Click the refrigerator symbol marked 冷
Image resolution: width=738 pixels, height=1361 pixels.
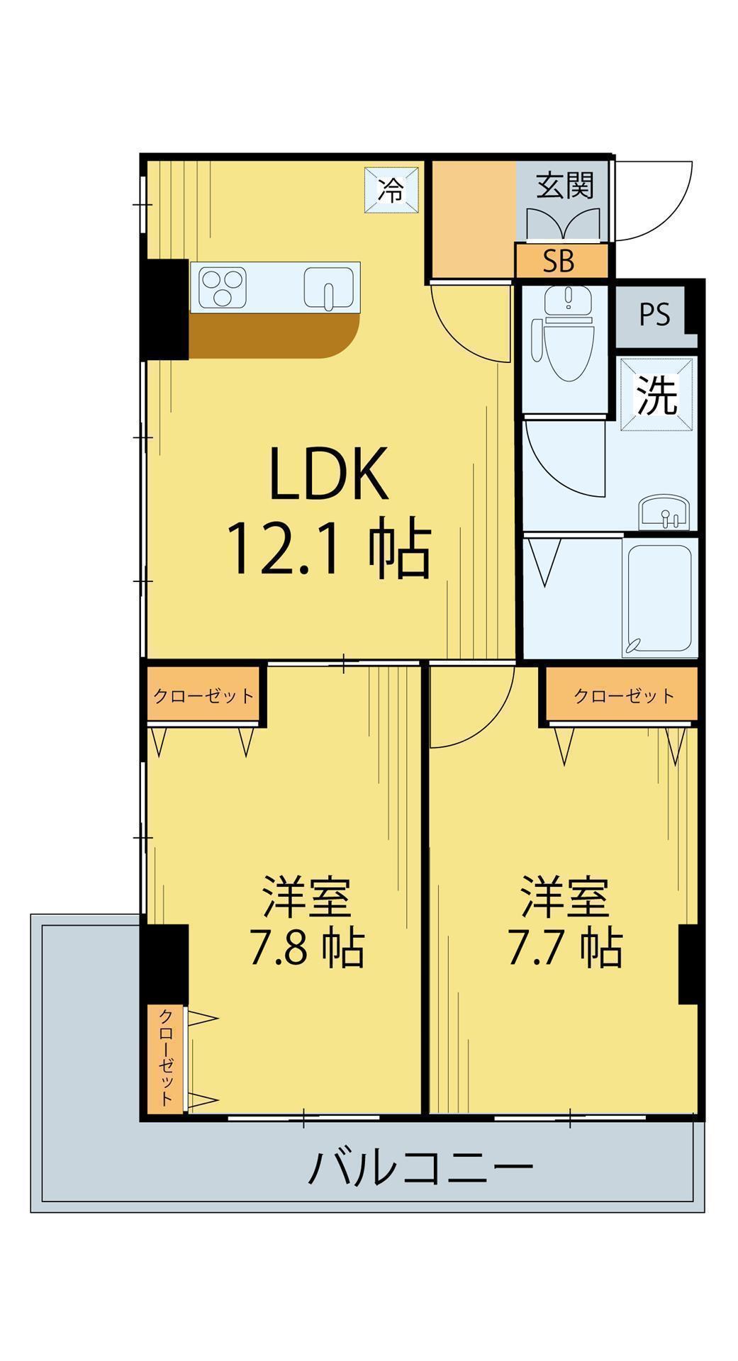pos(391,189)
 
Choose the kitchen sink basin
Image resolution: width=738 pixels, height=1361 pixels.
pos(328,289)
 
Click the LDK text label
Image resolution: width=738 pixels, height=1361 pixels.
pos(329,472)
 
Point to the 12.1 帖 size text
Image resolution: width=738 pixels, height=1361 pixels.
pos(328,549)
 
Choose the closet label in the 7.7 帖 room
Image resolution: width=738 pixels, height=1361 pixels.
pos(624,696)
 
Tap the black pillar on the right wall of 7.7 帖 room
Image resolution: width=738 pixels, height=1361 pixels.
pos(688,965)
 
